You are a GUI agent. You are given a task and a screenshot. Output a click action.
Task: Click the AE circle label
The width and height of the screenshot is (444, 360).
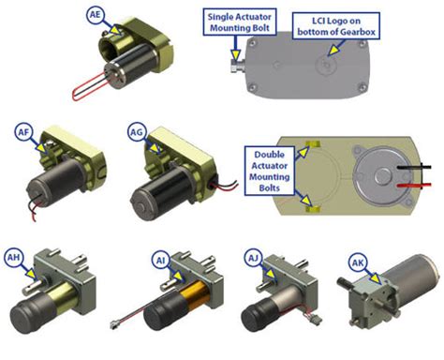coord(96,14)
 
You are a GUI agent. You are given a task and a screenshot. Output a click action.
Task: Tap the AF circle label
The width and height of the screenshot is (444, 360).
coord(23,132)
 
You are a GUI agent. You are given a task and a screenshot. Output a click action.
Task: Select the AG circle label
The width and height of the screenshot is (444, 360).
coord(137,132)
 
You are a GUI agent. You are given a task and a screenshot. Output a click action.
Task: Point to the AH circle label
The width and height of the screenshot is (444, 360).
coord(13,258)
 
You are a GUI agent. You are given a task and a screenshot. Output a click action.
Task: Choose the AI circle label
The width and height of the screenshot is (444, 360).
coord(161,260)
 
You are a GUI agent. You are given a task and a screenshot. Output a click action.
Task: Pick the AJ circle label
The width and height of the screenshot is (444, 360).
coord(253,258)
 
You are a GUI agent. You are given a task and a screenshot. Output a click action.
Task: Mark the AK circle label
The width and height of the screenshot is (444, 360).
coord(358,262)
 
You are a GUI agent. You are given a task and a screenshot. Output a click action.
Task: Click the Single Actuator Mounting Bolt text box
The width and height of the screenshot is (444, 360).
coord(240,22)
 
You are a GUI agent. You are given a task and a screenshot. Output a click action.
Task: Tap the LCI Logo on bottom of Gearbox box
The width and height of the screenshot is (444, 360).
coord(336,26)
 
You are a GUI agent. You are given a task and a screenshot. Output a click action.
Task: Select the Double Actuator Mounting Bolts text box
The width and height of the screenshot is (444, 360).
coord(270,171)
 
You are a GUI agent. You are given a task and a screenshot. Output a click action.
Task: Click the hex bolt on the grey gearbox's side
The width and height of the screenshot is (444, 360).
coord(237,66)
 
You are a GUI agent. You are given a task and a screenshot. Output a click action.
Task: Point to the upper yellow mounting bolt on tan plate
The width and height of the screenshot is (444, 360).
coord(313,144)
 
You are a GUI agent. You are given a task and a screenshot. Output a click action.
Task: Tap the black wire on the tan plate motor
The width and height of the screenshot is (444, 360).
coord(414,168)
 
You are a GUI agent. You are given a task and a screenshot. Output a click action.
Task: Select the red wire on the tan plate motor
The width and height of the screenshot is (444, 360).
coord(414,186)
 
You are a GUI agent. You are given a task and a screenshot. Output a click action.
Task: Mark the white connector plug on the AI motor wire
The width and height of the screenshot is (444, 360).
coord(113,325)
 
